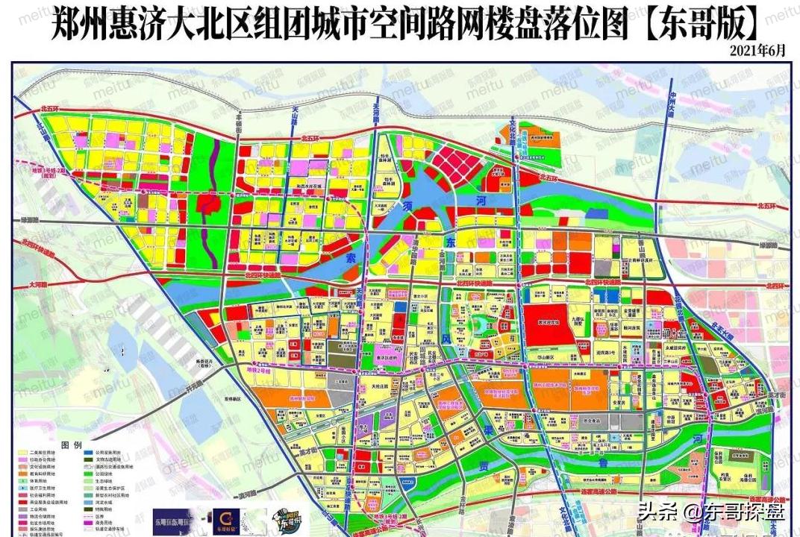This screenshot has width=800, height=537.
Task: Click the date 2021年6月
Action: tap(759, 50)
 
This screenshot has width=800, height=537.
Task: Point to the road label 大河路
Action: tap(39, 284)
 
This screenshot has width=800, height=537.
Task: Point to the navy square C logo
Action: tap(222, 518)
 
